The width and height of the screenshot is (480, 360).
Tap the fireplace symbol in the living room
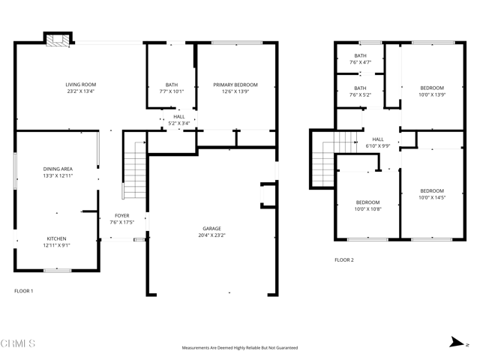pyautogui.click(x=57, y=40)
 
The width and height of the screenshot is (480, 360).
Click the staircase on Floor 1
pyautogui.click(x=133, y=170)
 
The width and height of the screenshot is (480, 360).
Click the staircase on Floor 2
pyautogui.click(x=323, y=158)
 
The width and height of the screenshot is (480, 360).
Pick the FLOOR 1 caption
pyautogui.click(x=24, y=290)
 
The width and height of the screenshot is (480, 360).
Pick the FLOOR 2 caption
pyautogui.click(x=343, y=260)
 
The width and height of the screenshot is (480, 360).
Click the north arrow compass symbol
pyautogui.click(x=454, y=343)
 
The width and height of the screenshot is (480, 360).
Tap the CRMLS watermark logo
pyautogui.click(x=18, y=344)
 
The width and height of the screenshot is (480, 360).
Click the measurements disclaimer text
pyautogui.click(x=240, y=348)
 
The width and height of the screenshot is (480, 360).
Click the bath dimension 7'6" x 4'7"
pyautogui.click(x=360, y=63)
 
